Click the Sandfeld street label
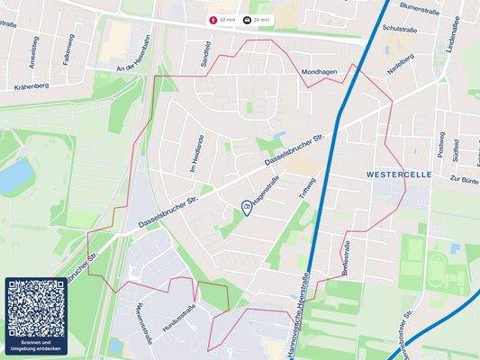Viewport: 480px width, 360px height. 205,55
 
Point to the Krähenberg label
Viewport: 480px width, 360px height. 32,86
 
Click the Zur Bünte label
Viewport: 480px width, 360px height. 463,179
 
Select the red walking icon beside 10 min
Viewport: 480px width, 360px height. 213,18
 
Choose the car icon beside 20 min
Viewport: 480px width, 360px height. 249,18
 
